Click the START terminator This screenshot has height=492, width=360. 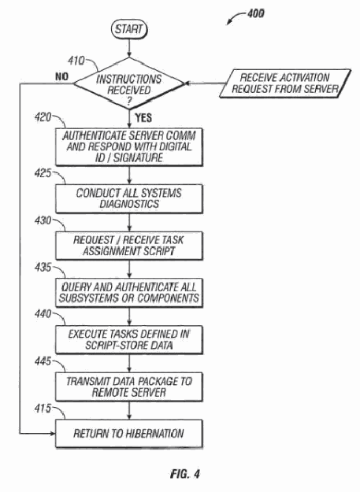tap(129, 29)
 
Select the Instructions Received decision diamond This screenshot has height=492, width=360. tap(129, 83)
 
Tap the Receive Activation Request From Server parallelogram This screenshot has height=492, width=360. tap(285, 83)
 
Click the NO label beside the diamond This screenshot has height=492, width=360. tap(61, 76)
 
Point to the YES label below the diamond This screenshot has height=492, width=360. tap(143, 118)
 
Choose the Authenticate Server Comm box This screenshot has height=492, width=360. tap(129, 147)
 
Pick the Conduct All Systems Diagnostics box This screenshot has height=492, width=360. tap(129, 198)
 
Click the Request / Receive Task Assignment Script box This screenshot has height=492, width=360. tap(129, 246)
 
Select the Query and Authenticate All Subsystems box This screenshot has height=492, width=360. tap(129, 293)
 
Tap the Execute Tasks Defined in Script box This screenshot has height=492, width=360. tap(129, 340)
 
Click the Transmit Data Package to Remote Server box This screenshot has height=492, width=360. tap(129, 387)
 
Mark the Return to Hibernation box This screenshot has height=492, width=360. tap(129, 434)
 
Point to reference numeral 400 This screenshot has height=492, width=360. tap(255, 13)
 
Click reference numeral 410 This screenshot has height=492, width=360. tap(76, 61)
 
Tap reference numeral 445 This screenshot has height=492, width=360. tap(43, 361)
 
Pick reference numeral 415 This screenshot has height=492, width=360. tap(43, 409)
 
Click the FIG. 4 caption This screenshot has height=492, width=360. tap(185, 474)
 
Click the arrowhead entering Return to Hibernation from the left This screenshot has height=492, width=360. tap(53, 434)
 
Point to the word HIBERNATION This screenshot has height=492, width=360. tap(154, 434)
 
